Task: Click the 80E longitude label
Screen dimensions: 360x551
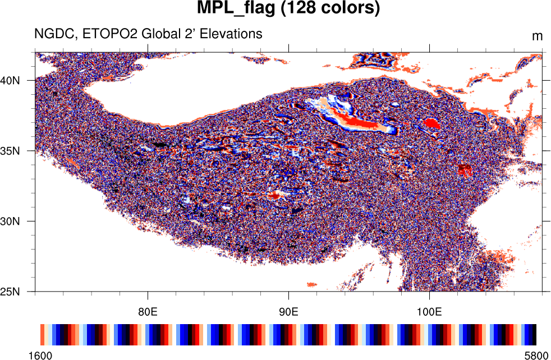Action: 148,311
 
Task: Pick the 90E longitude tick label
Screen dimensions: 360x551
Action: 288,311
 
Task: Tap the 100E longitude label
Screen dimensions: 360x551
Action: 429,311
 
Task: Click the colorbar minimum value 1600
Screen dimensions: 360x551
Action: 41,356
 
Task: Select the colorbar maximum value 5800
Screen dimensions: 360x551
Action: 535,356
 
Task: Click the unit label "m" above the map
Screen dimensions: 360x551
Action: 537,36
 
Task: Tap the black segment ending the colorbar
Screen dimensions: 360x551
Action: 534,334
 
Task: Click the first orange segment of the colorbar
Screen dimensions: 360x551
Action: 43,334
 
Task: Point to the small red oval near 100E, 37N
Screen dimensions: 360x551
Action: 432,123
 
